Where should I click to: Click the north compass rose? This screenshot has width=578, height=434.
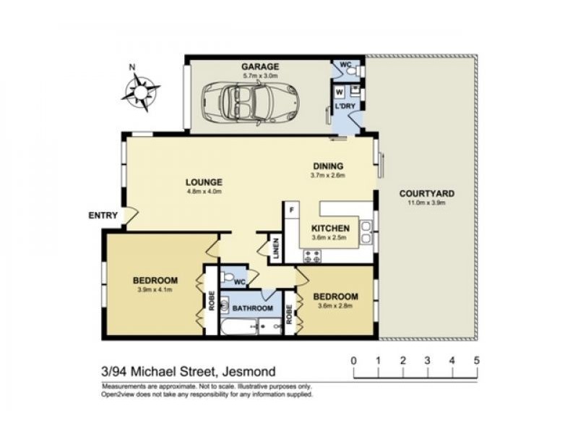[140, 91]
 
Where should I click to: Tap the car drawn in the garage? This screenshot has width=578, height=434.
[250, 101]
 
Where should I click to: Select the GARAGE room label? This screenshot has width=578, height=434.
[260, 67]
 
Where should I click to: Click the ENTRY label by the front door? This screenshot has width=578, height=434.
[103, 215]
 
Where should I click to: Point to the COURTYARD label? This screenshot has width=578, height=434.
[427, 193]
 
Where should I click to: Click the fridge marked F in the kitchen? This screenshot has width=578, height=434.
[292, 210]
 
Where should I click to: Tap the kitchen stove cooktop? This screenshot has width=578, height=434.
[312, 256]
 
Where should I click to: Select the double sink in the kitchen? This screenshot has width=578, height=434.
[366, 232]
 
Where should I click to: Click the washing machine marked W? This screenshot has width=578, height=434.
[340, 93]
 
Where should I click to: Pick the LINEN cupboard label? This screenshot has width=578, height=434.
[277, 248]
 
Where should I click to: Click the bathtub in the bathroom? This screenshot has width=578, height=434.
[239, 328]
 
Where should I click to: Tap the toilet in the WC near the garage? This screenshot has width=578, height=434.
[355, 70]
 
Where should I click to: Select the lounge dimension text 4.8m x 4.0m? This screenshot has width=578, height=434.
[204, 191]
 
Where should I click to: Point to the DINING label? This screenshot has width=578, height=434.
[328, 166]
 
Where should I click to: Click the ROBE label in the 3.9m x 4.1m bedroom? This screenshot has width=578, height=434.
[212, 301]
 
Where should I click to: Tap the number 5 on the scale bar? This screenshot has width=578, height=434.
[477, 359]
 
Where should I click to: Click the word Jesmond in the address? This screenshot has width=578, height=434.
[249, 371]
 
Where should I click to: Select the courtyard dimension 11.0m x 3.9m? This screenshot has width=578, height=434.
[427, 203]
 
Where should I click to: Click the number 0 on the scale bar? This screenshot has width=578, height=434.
[354, 359]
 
